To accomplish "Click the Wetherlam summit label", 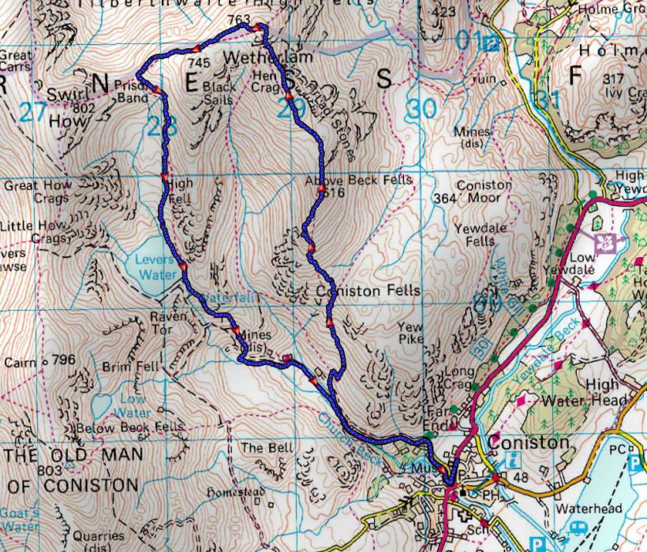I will coord(258,58).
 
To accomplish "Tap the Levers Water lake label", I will coord(155,267).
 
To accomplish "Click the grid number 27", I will coord(33,111).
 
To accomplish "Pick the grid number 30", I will coord(423,109).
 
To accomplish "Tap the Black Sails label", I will coord(218,93).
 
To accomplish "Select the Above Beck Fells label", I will coord(358,180).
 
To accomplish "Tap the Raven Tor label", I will coord(167,322).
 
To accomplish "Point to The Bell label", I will coord(267,448).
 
